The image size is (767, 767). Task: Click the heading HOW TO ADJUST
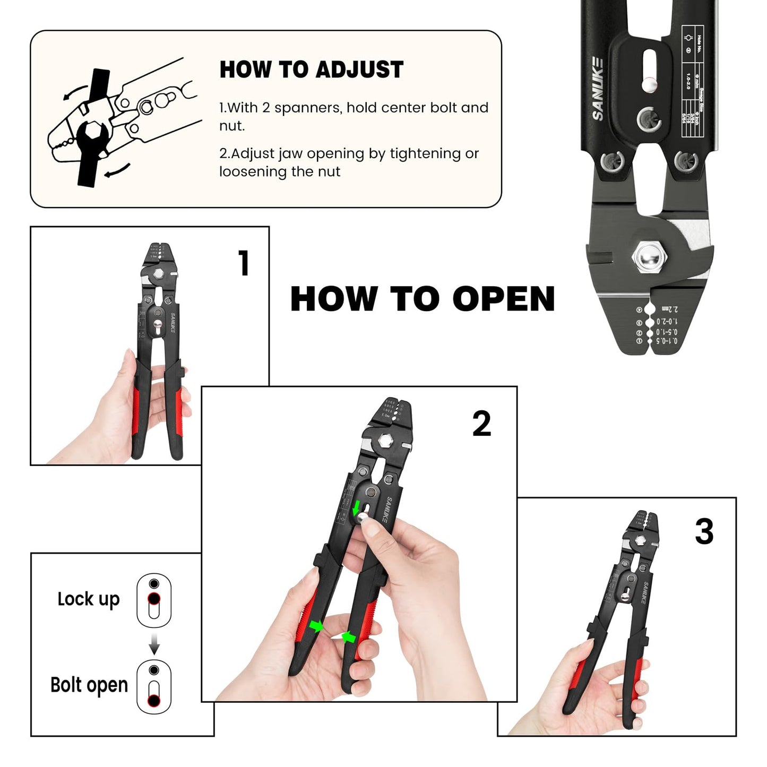(x=311, y=70)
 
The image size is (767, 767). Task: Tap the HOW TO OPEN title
(x=423, y=299)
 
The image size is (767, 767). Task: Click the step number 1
(x=244, y=263)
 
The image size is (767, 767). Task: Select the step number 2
(x=481, y=424)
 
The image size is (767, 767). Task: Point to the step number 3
(x=704, y=531)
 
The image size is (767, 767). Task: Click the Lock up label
(x=89, y=599)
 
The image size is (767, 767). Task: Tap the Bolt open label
(x=89, y=685)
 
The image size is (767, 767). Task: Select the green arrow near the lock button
(x=356, y=507)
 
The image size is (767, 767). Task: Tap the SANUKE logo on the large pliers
(x=598, y=89)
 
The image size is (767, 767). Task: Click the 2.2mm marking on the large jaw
(x=670, y=309)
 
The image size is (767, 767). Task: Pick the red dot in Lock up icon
(x=154, y=599)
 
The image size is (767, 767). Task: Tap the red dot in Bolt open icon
(x=154, y=701)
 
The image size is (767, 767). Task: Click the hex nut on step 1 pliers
(x=158, y=274)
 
